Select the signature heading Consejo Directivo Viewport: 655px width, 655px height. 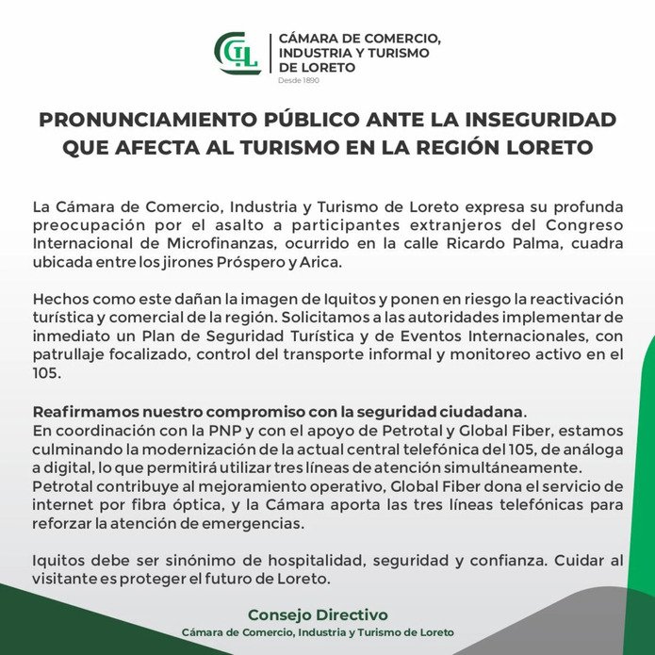click(x=318, y=614)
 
